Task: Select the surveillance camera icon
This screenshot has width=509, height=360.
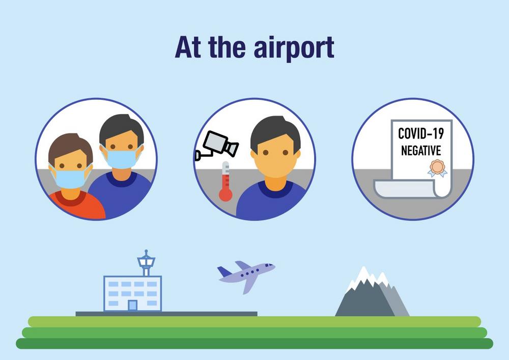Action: click(x=217, y=146)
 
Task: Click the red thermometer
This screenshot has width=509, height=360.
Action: click(x=225, y=181)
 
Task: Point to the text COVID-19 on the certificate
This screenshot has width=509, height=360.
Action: click(x=421, y=134)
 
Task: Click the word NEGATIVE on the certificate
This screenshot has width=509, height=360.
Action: click(x=421, y=151)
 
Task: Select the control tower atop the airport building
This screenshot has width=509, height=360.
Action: click(x=146, y=263)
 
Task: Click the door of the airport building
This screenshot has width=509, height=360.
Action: click(x=132, y=306)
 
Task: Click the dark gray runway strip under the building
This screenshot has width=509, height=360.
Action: click(x=166, y=314)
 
